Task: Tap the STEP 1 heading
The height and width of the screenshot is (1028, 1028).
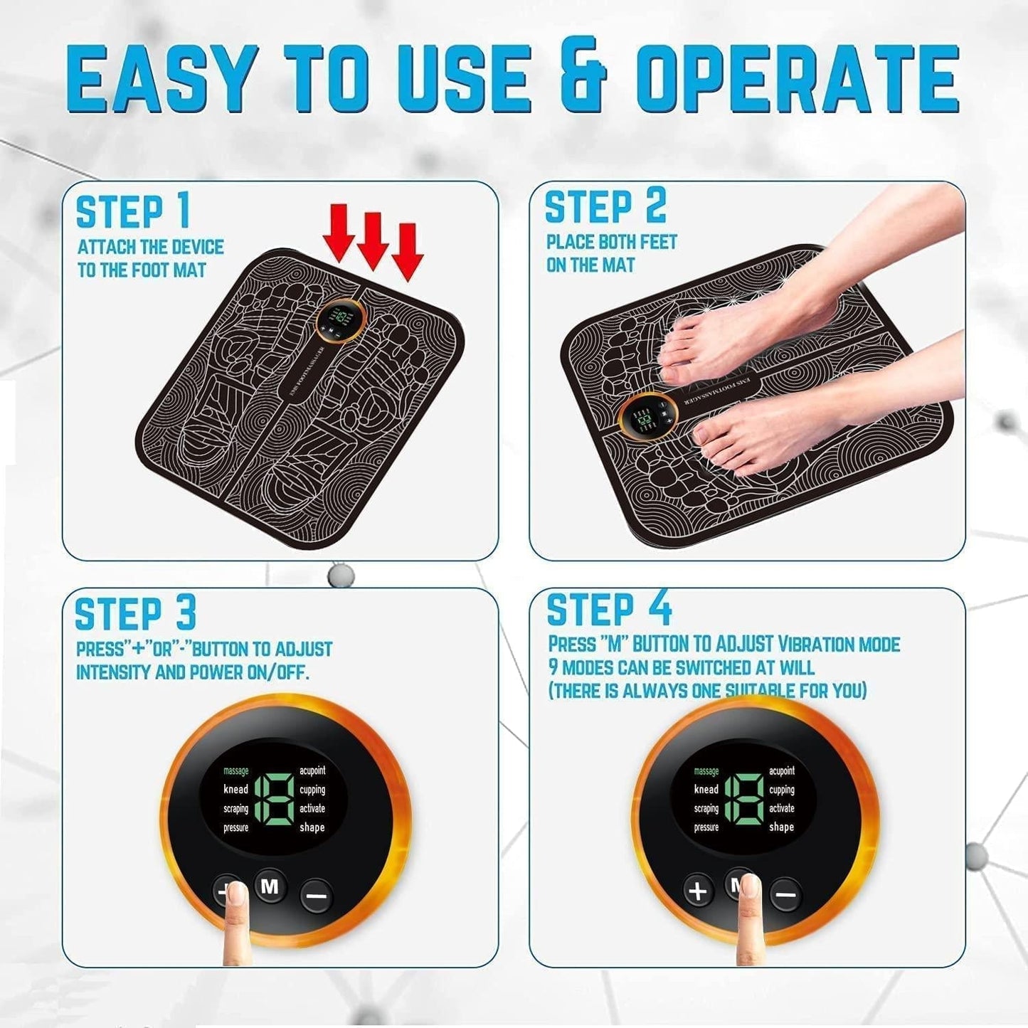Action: tap(134, 212)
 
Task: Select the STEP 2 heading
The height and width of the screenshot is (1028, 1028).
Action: tap(605, 207)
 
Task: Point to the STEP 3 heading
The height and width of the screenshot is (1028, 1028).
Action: tap(135, 614)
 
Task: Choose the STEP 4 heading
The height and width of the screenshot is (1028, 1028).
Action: tap(609, 610)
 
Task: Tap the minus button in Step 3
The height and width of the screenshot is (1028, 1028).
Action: tap(315, 894)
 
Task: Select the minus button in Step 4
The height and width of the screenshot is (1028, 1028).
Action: tap(785, 893)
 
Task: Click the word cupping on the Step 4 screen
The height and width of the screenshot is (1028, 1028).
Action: tap(781, 790)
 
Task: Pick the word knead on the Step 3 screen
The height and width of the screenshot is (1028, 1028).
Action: tap(236, 789)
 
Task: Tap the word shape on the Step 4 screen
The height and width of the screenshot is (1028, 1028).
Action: tap(781, 827)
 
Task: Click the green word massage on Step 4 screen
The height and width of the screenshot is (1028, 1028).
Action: tap(706, 771)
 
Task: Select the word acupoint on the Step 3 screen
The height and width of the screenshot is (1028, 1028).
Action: tap(312, 770)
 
